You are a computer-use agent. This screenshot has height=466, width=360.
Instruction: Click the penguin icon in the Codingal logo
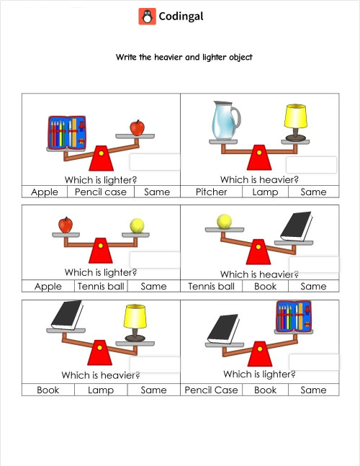coord(147,17)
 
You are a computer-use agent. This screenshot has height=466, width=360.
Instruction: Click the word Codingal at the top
coord(181,17)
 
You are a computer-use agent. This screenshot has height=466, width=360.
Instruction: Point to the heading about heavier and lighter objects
coord(184,57)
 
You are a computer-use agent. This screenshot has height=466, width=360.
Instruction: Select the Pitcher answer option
coord(211,192)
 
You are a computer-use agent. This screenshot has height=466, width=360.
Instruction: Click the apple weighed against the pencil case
coord(137,127)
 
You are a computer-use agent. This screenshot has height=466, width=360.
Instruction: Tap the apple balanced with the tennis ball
coord(66,225)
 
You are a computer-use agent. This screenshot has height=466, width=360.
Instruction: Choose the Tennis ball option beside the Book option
coord(211,286)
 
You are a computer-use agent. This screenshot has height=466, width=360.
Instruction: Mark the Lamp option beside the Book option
coord(101,390)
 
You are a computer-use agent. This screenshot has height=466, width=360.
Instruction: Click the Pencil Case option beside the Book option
coord(211,390)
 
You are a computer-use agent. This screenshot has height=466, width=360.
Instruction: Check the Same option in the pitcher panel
coord(313,192)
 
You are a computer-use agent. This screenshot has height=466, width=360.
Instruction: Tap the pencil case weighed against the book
coord(294,317)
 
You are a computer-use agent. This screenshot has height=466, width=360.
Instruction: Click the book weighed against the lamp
coord(66,314)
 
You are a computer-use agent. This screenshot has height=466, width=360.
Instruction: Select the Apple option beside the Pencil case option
coord(45,192)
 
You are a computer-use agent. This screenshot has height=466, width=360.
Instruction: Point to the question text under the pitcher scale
coord(259,180)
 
